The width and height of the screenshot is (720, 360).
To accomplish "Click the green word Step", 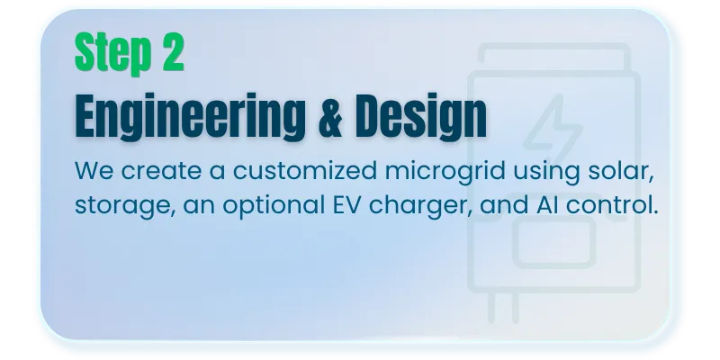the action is [113, 52].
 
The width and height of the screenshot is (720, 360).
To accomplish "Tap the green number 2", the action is [173, 51].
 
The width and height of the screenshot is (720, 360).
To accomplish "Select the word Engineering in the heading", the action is [190, 117].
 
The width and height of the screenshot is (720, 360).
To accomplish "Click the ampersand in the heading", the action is [330, 116].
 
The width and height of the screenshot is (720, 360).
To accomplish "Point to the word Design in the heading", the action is [421, 117].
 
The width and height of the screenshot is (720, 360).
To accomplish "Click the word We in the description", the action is [94, 170].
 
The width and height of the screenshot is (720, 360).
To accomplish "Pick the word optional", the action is [274, 206].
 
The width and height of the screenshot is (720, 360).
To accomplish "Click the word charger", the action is [420, 206].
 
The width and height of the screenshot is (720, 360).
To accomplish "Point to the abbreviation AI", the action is [547, 204].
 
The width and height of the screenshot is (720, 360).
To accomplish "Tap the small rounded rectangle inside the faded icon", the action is [554, 243].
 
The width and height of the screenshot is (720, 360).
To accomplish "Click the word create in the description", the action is [161, 171].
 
